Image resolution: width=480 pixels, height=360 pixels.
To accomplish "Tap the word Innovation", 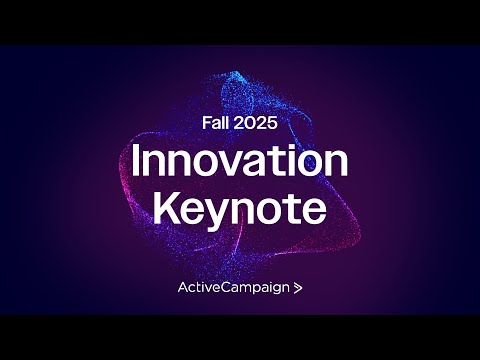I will tap(240, 163).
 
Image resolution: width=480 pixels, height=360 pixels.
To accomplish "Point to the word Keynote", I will tap(240, 209).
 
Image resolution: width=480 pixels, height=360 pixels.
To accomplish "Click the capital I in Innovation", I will tap(137, 163).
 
